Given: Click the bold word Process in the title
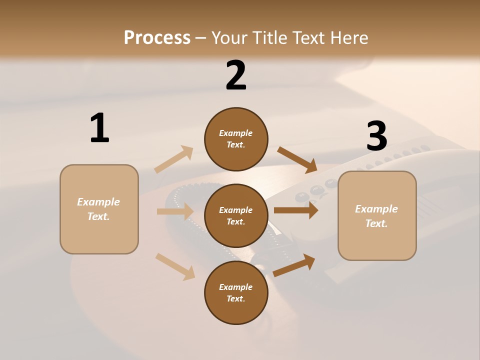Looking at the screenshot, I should pyautogui.click(x=157, y=38).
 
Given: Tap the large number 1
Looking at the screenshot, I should pyautogui.click(x=99, y=128).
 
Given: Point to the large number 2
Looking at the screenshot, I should pyautogui.click(x=236, y=75).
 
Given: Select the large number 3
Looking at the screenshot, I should pyautogui.click(x=376, y=136).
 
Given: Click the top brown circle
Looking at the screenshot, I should pyautogui.click(x=236, y=139).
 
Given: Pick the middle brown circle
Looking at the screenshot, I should pyautogui.click(x=236, y=216).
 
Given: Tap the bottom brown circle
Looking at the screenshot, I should pyautogui.click(x=236, y=293).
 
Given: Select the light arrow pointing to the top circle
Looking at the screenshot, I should pyautogui.click(x=174, y=159).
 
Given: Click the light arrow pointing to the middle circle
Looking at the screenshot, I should pyautogui.click(x=175, y=211).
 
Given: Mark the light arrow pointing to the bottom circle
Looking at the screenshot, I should pyautogui.click(x=175, y=266).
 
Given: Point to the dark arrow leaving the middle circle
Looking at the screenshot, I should pyautogui.click(x=295, y=210).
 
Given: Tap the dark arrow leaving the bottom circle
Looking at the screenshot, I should pyautogui.click(x=294, y=265).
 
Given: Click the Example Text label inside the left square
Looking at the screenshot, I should pyautogui.click(x=98, y=209).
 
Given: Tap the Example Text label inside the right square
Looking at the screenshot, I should pyautogui.click(x=376, y=216).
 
